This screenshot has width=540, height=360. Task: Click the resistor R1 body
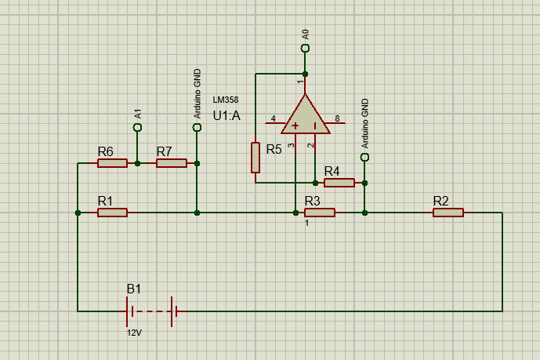[x=112, y=213]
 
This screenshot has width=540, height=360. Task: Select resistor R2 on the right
[x=448, y=213]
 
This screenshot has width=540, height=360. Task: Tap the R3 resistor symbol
[x=320, y=213]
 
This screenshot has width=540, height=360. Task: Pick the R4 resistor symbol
[x=339, y=183]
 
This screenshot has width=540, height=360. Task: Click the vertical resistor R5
[x=256, y=157]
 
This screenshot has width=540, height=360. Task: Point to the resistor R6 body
[x=112, y=163]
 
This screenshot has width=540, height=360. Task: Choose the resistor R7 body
[x=172, y=163]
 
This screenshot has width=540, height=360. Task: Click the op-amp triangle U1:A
[x=305, y=115]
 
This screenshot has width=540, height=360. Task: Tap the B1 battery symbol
[x=152, y=311]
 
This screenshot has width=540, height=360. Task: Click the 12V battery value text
[x=135, y=333]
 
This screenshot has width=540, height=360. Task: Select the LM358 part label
[x=226, y=100]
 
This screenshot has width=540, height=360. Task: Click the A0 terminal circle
[x=305, y=49]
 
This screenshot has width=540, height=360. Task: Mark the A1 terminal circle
[x=137, y=127]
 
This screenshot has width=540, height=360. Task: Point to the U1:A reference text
[x=227, y=116]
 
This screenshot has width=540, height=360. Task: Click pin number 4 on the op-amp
[x=273, y=118]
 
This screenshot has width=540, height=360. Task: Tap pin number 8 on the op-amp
[x=337, y=118]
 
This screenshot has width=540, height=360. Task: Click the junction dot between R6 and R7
[x=137, y=163]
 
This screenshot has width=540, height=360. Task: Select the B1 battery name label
[x=135, y=289]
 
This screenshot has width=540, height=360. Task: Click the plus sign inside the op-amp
[x=295, y=126]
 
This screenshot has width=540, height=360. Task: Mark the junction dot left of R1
[x=78, y=213]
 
